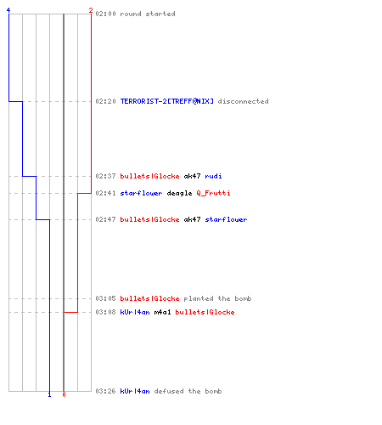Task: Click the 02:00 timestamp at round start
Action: pos(105,14)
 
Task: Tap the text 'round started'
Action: pos(148,14)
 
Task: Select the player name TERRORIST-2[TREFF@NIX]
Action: pos(167,101)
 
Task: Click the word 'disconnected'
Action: pos(243,101)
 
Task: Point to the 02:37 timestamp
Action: pos(105,176)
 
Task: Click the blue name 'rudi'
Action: pos(213,176)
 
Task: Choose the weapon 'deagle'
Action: pos(179,193)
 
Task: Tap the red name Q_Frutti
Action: pos(213,193)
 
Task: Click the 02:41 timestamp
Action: pos(105,193)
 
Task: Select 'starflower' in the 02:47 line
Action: pos(226,219)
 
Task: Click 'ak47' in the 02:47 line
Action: pos(192,219)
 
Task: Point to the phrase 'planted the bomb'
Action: pos(217,298)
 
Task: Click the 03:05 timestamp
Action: pos(105,298)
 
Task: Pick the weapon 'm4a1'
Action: pos(162,312)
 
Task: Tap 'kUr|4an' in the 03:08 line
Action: pos(135,312)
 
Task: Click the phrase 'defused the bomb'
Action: pos(188,391)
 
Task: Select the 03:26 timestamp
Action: pos(105,391)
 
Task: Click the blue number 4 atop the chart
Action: pos(8,10)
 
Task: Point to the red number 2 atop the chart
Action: pos(91,10)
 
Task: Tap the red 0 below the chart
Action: pos(64,394)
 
